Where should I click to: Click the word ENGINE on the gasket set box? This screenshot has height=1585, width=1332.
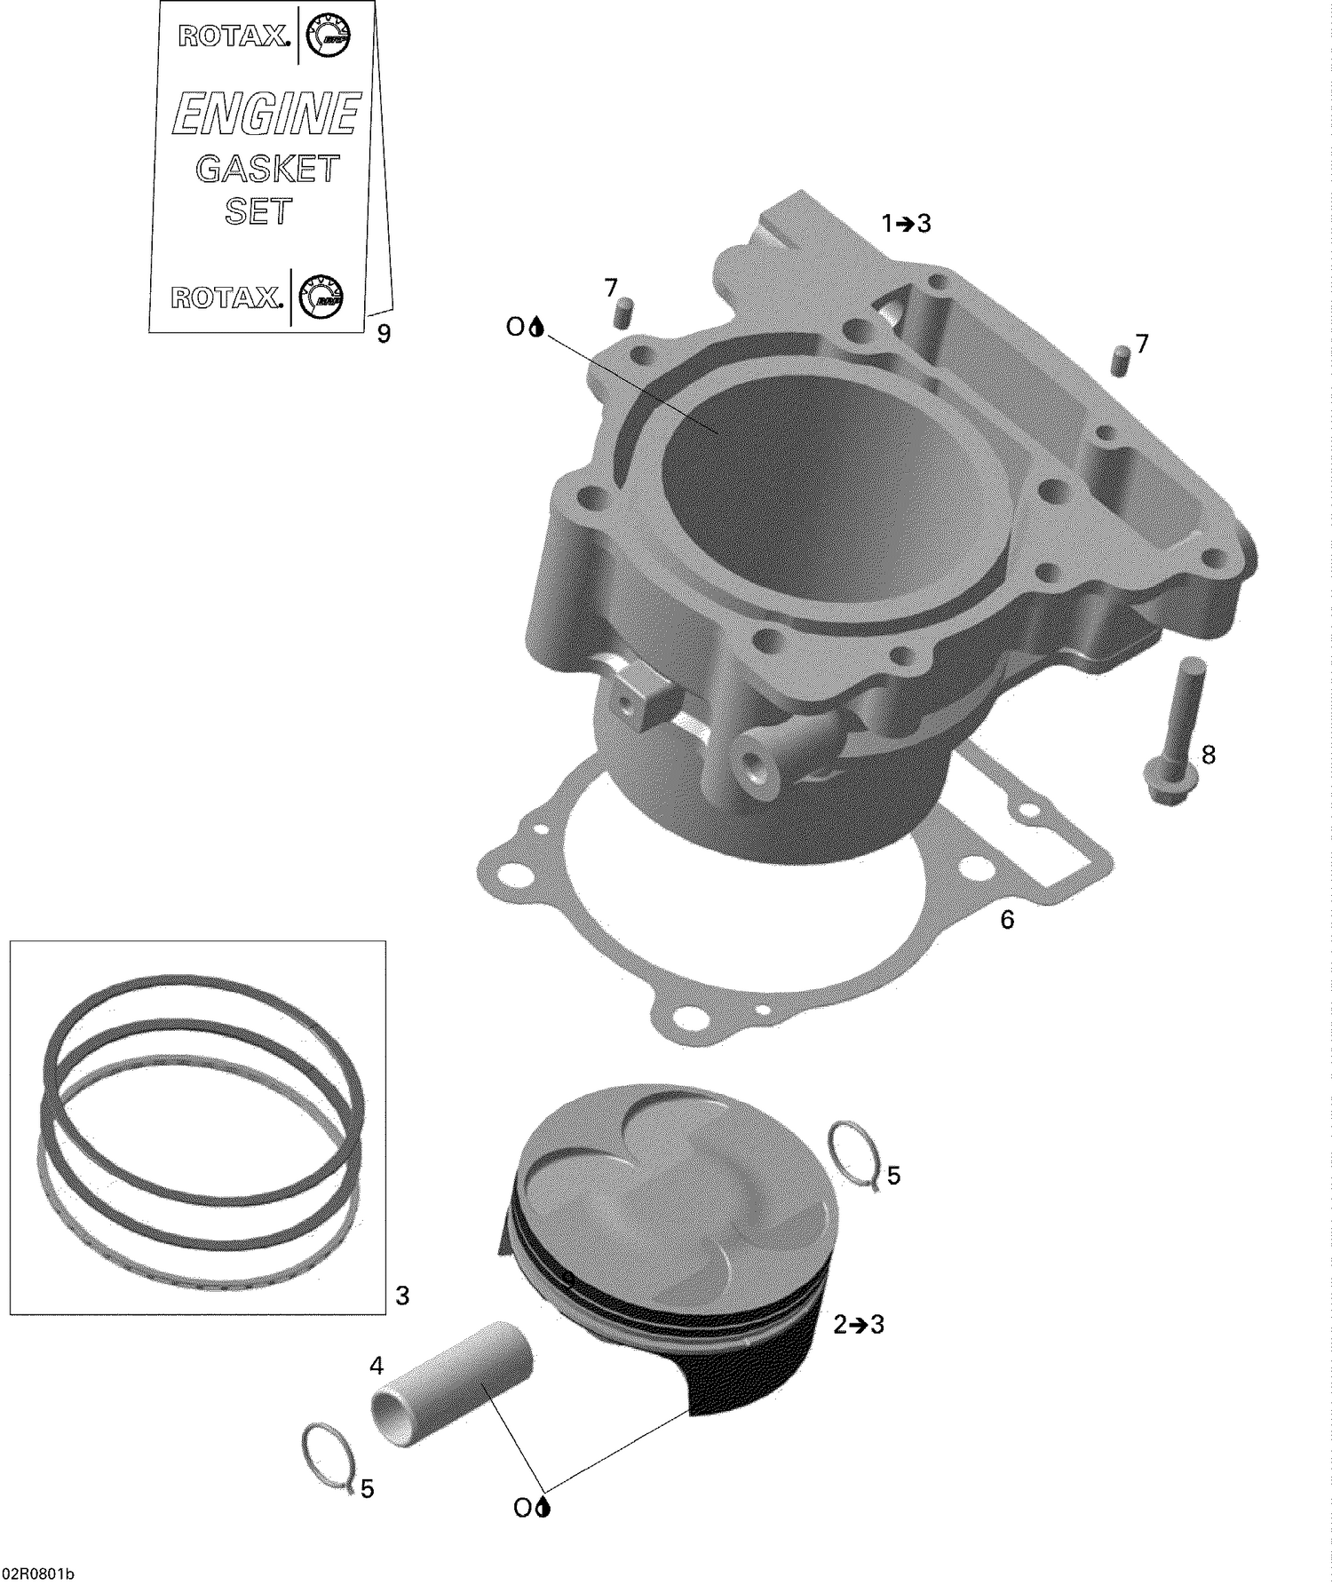266,115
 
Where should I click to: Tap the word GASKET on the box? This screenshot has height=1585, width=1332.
267,169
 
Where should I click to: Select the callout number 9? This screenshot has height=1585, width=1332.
384,334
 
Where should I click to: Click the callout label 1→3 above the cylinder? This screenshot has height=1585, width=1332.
906,224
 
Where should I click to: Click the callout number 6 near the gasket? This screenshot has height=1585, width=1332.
1007,920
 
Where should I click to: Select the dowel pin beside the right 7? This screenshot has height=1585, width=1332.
1119,362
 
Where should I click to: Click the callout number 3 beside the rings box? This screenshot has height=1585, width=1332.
402,1296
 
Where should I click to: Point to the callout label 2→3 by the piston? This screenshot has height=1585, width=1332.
859,1325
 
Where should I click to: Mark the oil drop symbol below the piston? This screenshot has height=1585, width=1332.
543,1507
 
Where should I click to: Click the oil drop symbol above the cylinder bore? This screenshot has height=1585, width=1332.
535,328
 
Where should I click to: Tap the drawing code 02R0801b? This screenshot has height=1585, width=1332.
38,1573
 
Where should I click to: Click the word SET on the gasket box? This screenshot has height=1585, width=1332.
258,211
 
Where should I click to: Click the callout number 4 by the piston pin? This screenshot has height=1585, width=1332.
377,1364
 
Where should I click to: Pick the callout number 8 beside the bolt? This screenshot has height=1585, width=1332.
1208,755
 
